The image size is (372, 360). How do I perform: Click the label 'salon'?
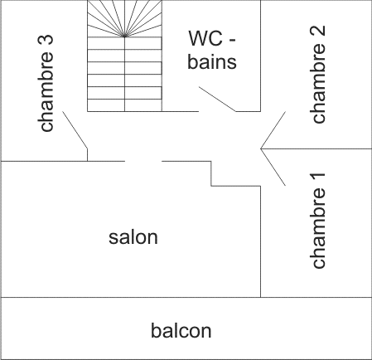133,237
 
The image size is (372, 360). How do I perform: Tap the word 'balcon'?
181,330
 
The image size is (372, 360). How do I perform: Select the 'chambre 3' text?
46,83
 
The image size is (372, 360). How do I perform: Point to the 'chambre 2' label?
318,74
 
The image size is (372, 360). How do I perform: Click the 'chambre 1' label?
318,221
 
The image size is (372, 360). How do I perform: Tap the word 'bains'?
212,61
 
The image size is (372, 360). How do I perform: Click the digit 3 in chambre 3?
46,40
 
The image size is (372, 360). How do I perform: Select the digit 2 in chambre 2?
318,31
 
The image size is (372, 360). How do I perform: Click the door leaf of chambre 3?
75,130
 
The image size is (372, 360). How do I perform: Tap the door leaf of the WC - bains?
217,99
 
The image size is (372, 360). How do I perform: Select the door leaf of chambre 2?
273,130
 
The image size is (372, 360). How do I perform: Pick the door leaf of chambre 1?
273,167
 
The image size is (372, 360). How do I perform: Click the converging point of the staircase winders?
124,36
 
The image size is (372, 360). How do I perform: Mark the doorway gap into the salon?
143,161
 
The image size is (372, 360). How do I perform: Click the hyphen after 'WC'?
231,41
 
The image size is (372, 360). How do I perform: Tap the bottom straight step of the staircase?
124,105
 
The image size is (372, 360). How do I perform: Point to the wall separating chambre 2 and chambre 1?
316,148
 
